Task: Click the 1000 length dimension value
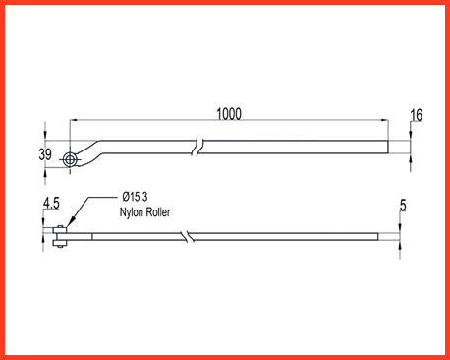pyautogui.click(x=229, y=114)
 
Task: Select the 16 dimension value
pyautogui.click(x=417, y=115)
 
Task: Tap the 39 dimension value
pyautogui.click(x=45, y=154)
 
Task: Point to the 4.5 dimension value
pyautogui.click(x=51, y=204)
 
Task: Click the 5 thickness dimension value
pyautogui.click(x=403, y=206)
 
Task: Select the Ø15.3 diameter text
pyautogui.click(x=135, y=197)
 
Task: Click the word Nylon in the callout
pyautogui.click(x=132, y=212)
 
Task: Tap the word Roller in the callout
pyautogui.click(x=158, y=212)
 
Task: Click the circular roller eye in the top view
pyautogui.click(x=70, y=160)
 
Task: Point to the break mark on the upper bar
pyautogui.click(x=198, y=147)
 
